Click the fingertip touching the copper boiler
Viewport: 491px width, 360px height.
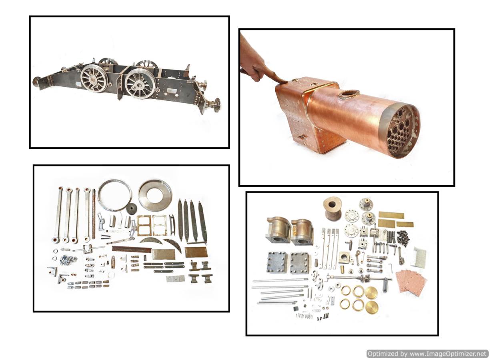tap(284, 82)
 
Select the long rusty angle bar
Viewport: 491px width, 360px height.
tap(132, 249)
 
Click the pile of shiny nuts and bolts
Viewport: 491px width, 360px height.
tap(68, 260)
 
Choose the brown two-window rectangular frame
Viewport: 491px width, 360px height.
tap(144, 226)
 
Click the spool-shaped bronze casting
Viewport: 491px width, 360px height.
tap(332, 208)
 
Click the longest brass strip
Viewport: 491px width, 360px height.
tap(391, 215)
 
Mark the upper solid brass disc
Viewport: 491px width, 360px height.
tap(371, 292)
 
